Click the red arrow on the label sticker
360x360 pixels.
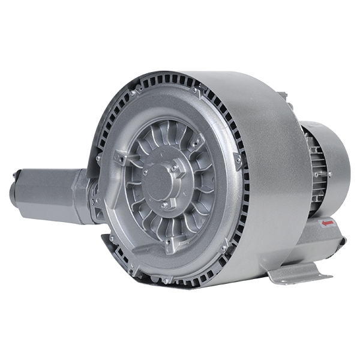click(x=328, y=223)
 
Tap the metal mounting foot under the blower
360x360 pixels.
click(x=300, y=273)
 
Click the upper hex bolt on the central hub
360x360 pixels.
click(x=175, y=169)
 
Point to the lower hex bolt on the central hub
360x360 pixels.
click(x=164, y=205)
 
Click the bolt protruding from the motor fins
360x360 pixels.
click(x=329, y=174)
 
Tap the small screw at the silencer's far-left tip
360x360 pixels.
click(x=13, y=176)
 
